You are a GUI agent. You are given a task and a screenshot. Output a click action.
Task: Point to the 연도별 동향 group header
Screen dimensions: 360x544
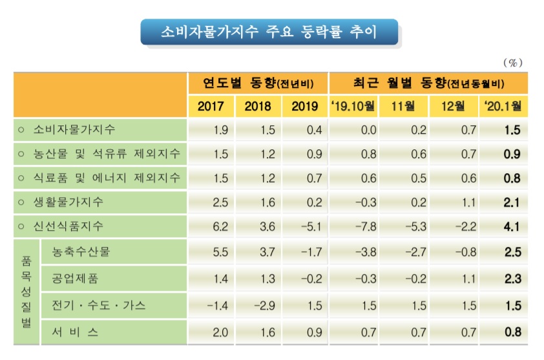point(258,83)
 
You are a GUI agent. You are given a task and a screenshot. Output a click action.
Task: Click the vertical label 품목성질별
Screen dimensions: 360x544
point(26,291)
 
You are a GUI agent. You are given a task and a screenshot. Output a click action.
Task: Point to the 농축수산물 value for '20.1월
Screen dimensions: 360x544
point(513,251)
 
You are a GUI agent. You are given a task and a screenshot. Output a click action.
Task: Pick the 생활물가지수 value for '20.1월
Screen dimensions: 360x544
point(513,203)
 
